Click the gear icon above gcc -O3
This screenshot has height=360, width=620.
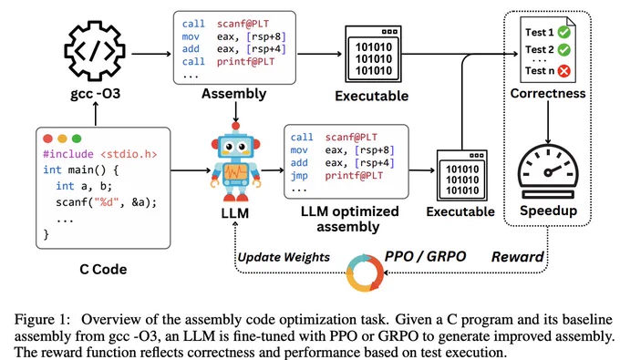click(x=95, y=51)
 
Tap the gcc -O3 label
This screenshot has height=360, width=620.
click(x=96, y=94)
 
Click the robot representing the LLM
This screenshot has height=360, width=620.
click(x=235, y=162)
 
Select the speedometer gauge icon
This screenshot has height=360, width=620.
click(x=548, y=171)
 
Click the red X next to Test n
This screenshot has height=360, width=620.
click(x=563, y=71)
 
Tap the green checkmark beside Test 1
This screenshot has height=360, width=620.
click(x=563, y=32)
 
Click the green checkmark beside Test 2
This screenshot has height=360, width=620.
click(x=563, y=50)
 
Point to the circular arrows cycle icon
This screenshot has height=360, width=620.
click(x=365, y=273)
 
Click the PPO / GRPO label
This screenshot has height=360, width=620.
click(x=425, y=256)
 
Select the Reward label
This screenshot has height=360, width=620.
click(x=517, y=257)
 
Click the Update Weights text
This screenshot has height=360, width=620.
click(x=284, y=257)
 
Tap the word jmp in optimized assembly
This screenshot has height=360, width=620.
click(x=299, y=176)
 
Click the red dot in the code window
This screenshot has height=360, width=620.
click(x=47, y=139)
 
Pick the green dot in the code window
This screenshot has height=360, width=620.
click(x=77, y=139)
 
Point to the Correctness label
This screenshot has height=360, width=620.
click(x=548, y=93)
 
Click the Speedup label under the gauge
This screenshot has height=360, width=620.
click(x=549, y=211)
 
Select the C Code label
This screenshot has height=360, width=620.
click(x=103, y=269)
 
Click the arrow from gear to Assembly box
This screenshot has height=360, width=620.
click(x=151, y=54)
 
